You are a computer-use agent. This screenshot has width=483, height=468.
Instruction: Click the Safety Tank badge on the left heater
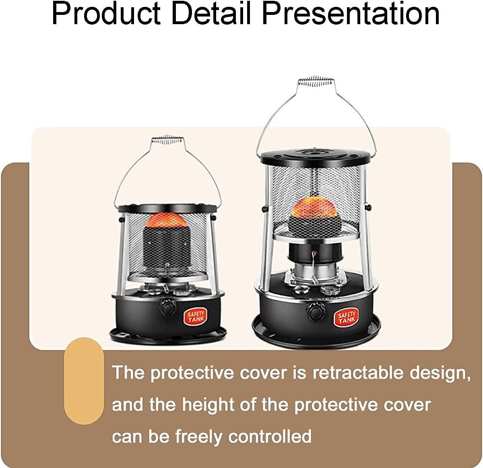(195, 317)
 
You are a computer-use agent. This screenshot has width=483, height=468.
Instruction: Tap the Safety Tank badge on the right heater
(347, 317)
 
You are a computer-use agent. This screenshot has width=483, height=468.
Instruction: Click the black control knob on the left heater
(168, 307)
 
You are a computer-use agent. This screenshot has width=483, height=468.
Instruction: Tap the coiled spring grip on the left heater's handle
(167, 140)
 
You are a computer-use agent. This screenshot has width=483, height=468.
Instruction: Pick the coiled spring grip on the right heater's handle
(316, 81)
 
